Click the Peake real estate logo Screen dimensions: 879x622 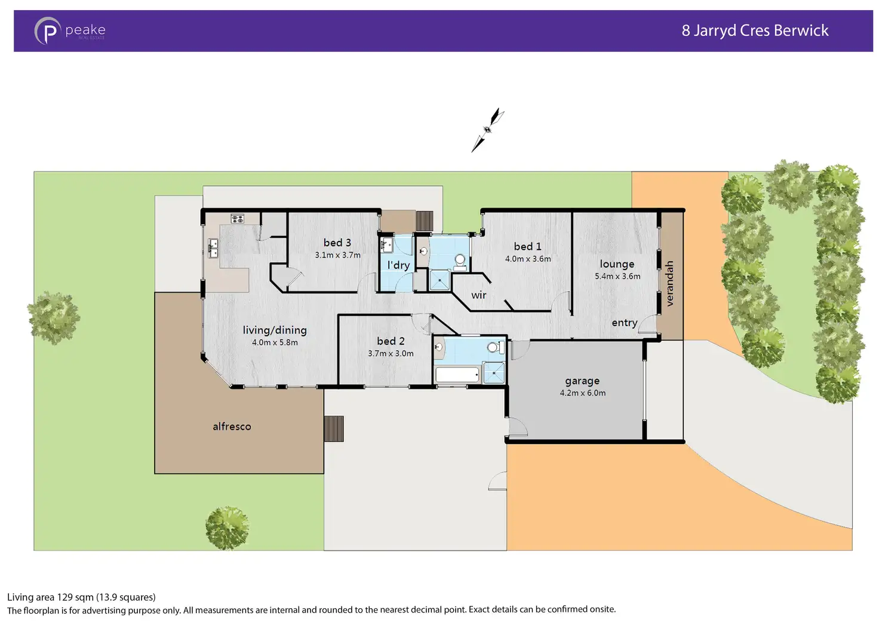click(69, 30)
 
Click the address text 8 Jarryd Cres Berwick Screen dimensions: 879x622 click(755, 30)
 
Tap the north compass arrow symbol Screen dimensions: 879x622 click(488, 130)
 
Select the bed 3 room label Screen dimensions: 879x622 click(337, 243)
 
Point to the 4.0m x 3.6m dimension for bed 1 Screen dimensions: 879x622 click(528, 259)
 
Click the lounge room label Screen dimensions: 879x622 click(617, 264)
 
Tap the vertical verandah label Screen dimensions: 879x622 click(669, 283)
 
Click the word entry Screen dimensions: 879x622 click(625, 323)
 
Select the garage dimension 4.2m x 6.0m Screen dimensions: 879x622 click(582, 393)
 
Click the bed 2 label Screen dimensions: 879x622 click(391, 341)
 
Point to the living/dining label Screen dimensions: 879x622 click(275, 330)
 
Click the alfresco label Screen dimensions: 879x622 click(232, 427)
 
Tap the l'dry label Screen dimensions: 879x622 click(398, 265)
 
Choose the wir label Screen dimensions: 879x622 click(479, 295)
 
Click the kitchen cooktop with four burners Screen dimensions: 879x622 click(237, 219)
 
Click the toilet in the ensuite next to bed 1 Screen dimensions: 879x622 click(460, 261)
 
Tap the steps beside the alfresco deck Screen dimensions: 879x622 click(334, 428)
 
